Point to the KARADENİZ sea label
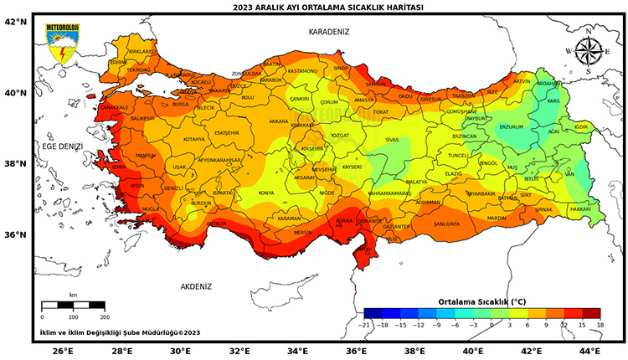coord(328,31)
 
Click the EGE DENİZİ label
coord(63,147)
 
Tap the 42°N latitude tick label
coord(17,22)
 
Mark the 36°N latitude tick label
coord(17,234)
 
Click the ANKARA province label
coord(278,121)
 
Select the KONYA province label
coord(266,193)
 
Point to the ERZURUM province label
coord(510,127)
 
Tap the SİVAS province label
coord(392,141)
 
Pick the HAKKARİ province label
coord(579,208)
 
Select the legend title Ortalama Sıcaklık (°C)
coord(482,301)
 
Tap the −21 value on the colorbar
coord(364,323)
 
